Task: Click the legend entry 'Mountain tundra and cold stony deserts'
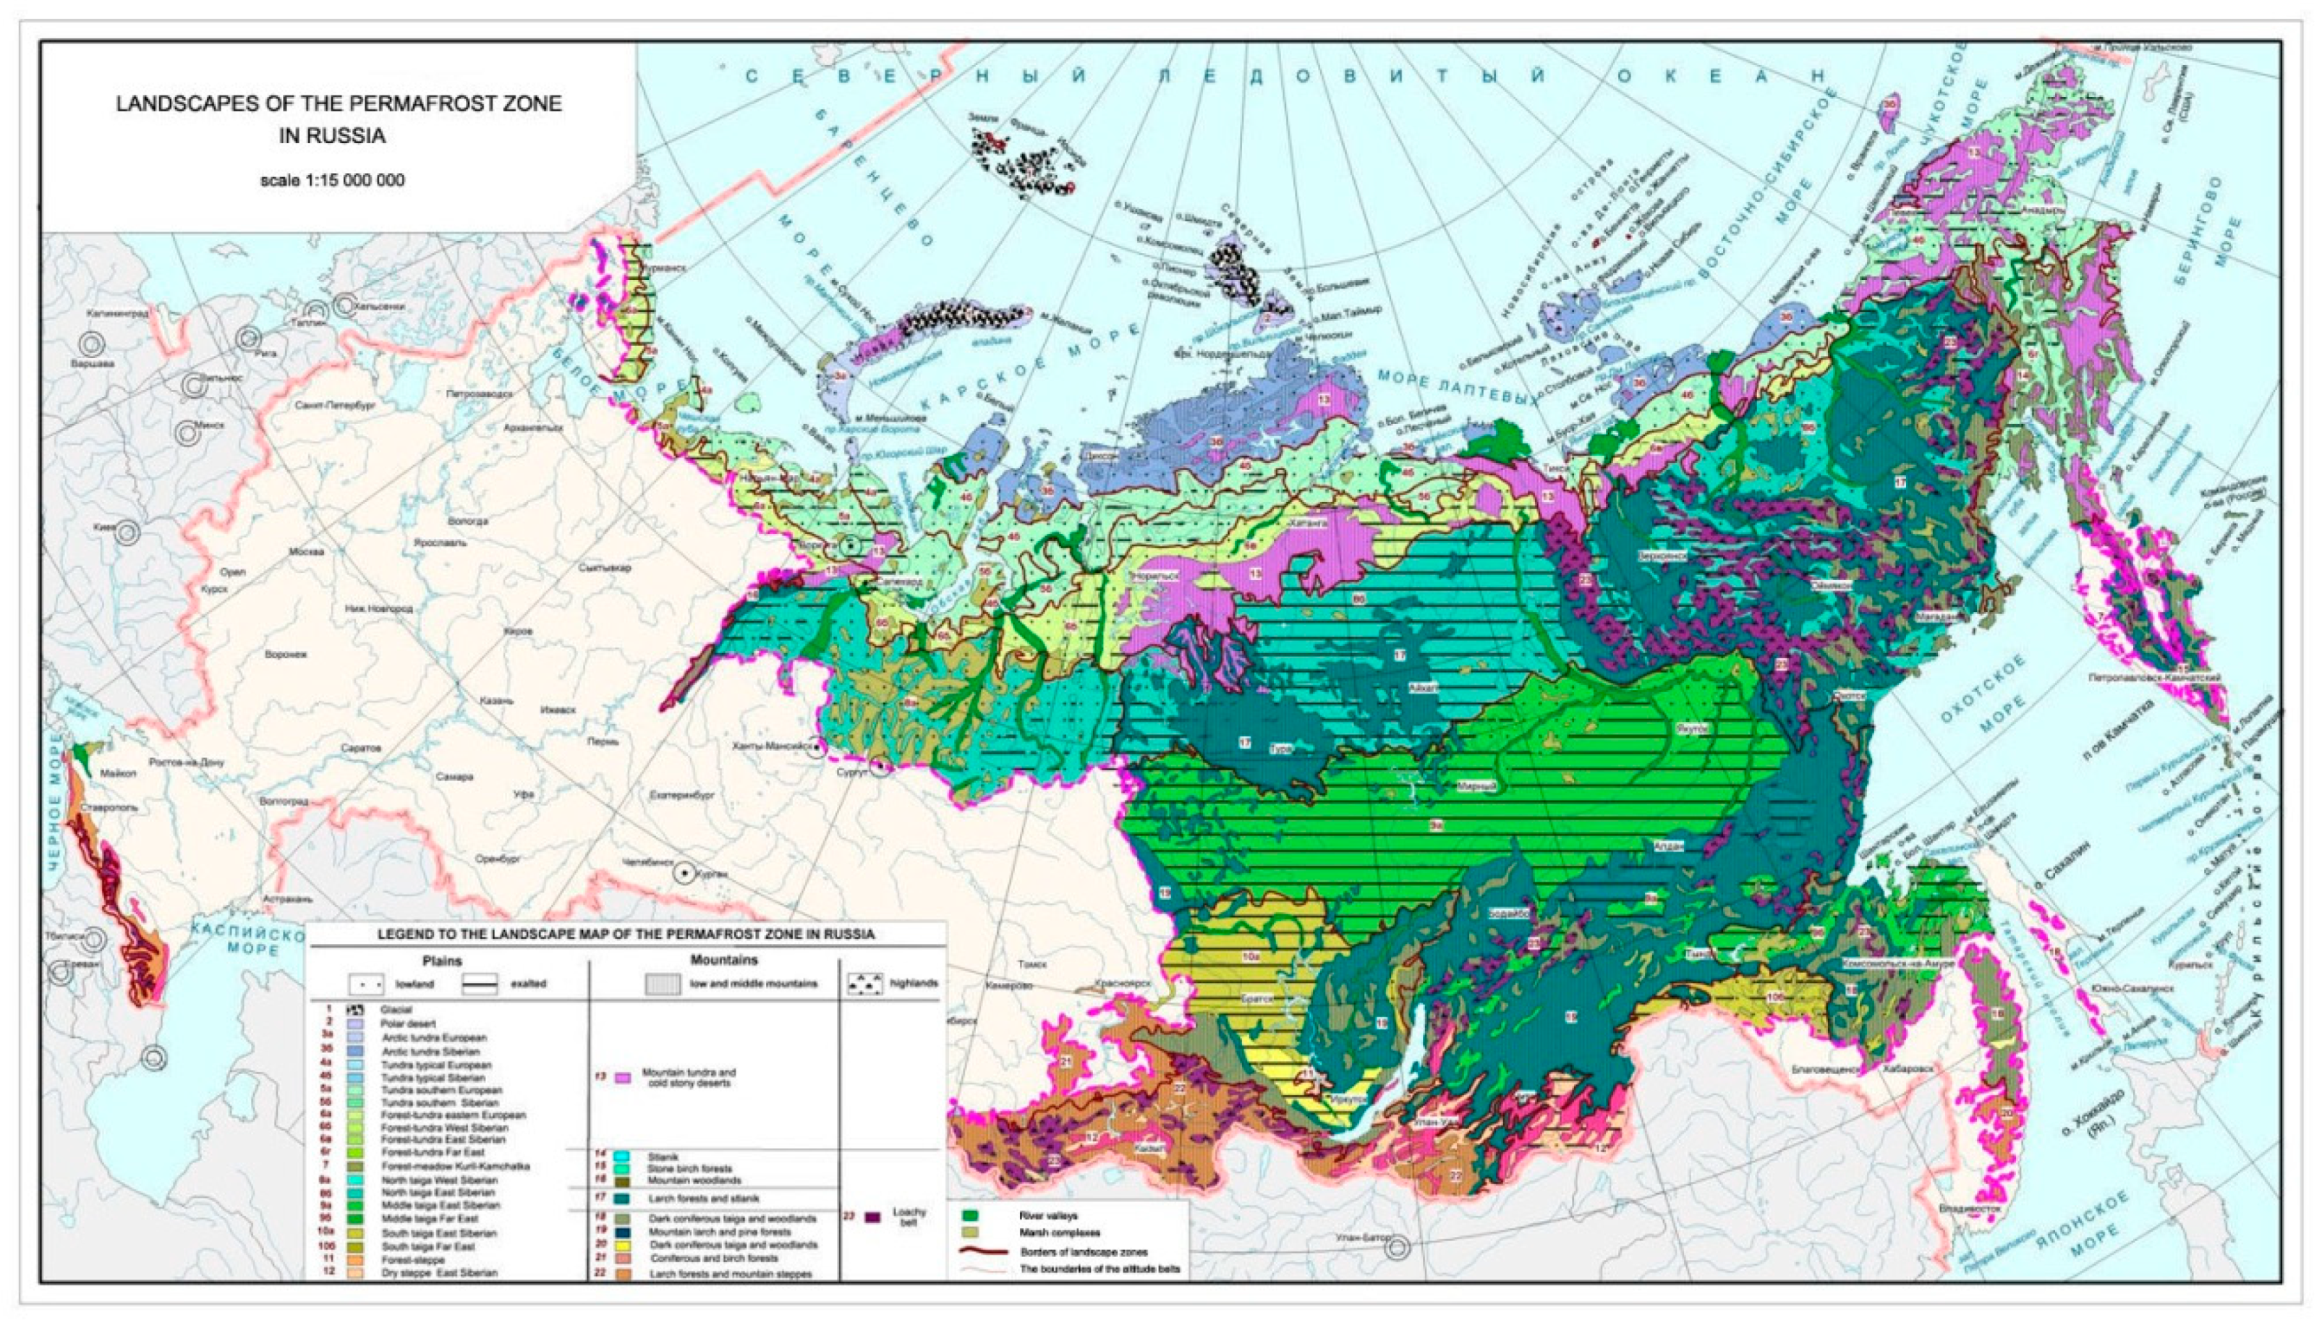[x=688, y=1077]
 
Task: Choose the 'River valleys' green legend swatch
[x=971, y=1216]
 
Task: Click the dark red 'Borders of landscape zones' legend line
[x=982, y=1251]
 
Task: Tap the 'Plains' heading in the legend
[x=442, y=961]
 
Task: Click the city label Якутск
[x=1692, y=729]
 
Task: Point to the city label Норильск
[x=1157, y=576]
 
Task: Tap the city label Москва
[x=307, y=552]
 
